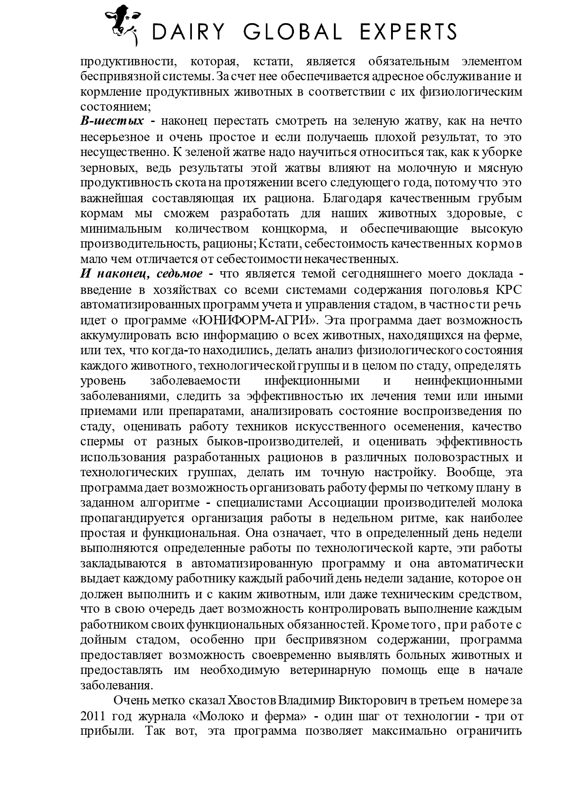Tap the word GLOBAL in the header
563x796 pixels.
pos(292,32)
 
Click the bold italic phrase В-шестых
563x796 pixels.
pos(112,122)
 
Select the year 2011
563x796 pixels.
pos(93,717)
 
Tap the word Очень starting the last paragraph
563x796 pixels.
pos(131,701)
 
